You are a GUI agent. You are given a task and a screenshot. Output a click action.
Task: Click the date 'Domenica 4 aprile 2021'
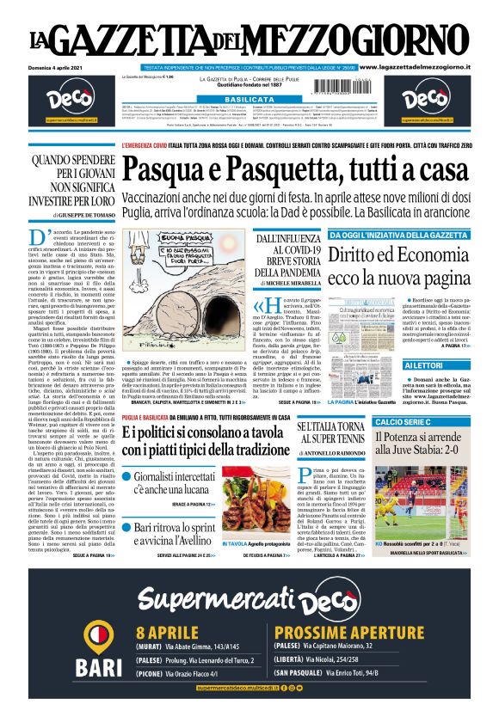59,66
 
